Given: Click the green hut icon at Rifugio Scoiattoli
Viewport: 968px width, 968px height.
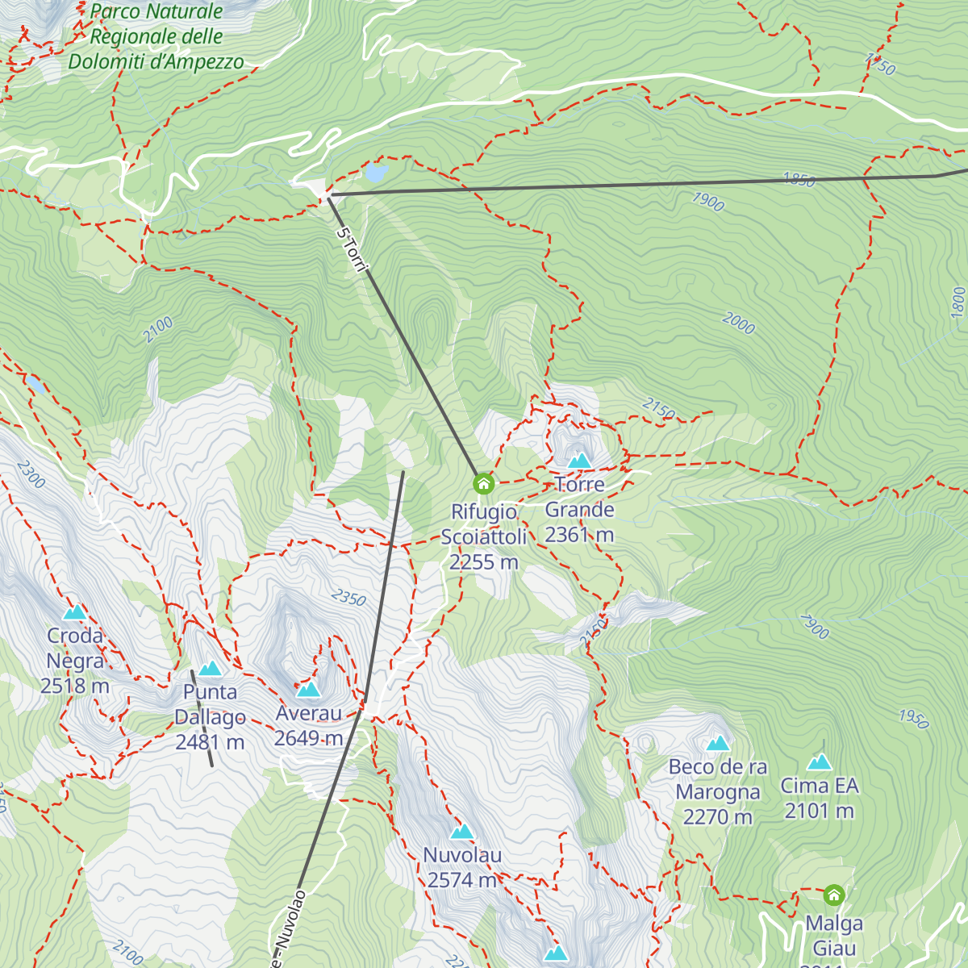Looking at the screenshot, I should click(x=483, y=484).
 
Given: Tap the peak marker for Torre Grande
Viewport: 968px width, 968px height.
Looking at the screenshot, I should click(x=579, y=461).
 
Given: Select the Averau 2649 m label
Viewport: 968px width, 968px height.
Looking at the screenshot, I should click(x=309, y=726).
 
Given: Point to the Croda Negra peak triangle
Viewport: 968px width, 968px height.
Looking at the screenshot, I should click(x=75, y=612).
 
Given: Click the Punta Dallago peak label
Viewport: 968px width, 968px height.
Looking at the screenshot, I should click(x=210, y=717).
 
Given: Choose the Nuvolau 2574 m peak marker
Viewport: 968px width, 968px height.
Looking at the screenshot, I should click(x=461, y=832).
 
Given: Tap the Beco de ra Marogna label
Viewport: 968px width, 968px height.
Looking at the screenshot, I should click(x=718, y=791).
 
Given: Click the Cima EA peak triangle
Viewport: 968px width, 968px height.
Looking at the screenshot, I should click(x=820, y=762).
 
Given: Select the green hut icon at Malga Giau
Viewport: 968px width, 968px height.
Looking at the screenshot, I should click(x=833, y=895).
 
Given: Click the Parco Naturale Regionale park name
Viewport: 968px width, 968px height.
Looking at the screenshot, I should click(x=156, y=37).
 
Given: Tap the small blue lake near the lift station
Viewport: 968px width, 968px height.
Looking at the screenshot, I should click(x=376, y=173).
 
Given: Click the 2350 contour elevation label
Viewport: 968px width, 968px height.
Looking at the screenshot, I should click(x=348, y=598).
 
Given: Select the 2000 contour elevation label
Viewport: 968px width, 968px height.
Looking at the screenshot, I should click(x=738, y=323).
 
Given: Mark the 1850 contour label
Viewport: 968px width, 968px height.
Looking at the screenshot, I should click(x=799, y=180).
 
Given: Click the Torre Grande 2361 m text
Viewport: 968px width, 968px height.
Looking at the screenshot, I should click(x=579, y=510).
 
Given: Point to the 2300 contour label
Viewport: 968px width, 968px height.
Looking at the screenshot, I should click(x=31, y=474).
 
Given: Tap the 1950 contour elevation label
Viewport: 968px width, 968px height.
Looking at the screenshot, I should click(x=913, y=718).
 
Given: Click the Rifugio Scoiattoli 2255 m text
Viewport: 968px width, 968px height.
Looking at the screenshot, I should click(x=483, y=536).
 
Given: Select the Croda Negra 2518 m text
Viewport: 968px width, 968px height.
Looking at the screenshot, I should click(x=75, y=661).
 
